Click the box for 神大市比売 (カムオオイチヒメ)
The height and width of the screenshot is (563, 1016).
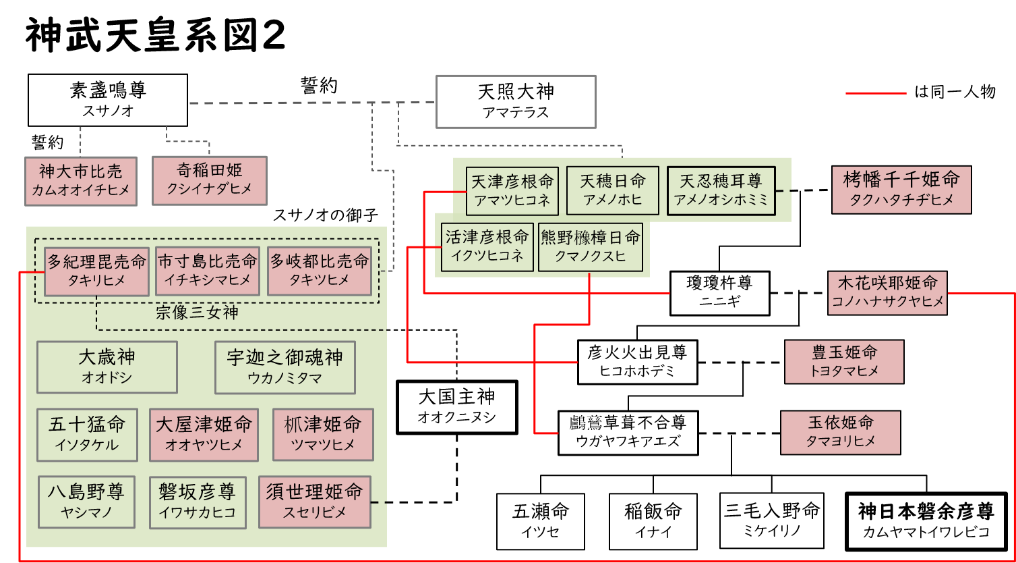[x=81, y=181]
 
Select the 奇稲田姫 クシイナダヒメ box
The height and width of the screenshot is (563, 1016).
[x=210, y=180]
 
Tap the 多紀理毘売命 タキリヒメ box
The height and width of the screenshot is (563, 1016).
[x=96, y=271]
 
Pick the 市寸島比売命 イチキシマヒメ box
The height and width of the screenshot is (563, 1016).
[x=208, y=271]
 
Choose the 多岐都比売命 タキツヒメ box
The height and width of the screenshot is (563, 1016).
[x=320, y=271]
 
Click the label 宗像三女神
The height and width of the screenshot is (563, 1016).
[x=197, y=313]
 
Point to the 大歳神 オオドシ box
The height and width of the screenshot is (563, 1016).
[x=107, y=367]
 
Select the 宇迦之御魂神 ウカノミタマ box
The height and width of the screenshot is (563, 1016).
[x=285, y=367]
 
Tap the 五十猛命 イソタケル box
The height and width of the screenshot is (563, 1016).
[x=88, y=435]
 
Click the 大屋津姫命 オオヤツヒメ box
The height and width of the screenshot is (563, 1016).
[x=204, y=435]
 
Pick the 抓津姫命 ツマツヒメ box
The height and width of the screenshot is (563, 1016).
[x=323, y=435]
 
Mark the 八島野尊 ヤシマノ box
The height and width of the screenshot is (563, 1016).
[x=86, y=502]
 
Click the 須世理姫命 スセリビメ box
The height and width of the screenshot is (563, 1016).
[x=315, y=502]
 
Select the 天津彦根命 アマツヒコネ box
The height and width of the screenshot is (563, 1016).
[x=512, y=191]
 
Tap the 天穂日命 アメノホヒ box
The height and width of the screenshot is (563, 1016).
[x=613, y=190]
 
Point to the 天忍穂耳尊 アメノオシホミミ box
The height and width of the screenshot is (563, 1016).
[x=721, y=190]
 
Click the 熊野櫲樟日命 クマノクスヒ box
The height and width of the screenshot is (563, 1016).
[x=590, y=247]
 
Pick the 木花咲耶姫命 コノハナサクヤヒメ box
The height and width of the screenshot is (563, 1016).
[x=887, y=293]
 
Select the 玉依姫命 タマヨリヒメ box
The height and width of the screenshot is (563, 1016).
[x=841, y=433]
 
